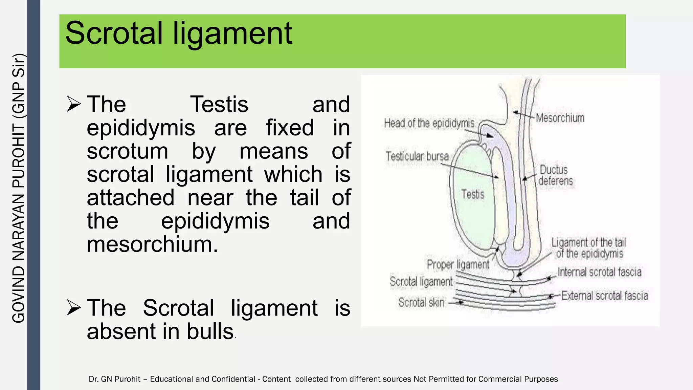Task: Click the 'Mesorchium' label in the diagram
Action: [560, 118]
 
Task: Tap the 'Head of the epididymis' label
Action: [429, 123]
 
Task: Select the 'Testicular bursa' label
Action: [417, 156]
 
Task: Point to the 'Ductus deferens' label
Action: [556, 175]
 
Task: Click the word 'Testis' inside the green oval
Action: [473, 194]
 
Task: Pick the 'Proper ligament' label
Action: [458, 264]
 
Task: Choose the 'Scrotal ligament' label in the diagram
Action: [421, 282]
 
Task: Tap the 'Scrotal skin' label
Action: [421, 302]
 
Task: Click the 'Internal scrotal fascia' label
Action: [599, 272]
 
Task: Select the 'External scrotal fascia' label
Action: [605, 296]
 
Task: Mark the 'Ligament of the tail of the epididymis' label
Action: [589, 248]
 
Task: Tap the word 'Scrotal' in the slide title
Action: [114, 34]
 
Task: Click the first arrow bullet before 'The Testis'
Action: [73, 104]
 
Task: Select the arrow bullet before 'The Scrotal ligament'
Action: [73, 308]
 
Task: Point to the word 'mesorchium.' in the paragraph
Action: [152, 244]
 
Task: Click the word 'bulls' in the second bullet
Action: [210, 331]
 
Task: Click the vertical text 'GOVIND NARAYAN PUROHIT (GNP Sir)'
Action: [19, 188]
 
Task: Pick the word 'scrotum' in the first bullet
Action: [127, 151]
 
